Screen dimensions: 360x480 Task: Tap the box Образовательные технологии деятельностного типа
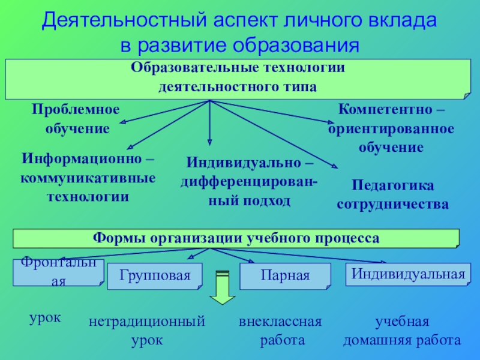point(238,78)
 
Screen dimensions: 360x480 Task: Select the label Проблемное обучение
point(76,118)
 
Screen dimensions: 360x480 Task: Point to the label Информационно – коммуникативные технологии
point(88,178)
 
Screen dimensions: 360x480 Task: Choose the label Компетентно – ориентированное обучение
point(391,128)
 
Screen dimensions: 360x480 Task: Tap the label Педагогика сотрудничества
point(392,194)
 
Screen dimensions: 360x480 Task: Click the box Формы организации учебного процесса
point(236,238)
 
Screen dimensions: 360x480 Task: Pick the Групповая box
point(154,276)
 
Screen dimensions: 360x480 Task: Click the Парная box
point(285,276)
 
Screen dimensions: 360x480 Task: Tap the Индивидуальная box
point(408,274)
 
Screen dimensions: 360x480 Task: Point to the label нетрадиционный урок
point(147,331)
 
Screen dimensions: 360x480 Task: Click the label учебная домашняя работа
point(401,331)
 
